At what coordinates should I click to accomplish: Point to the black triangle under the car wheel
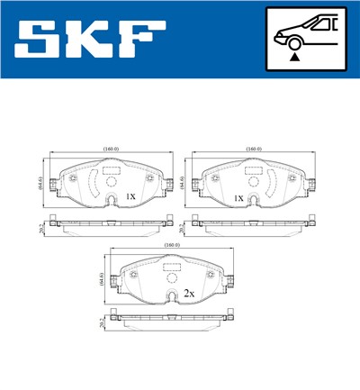click(295, 57)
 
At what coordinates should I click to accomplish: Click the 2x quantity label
click(189, 294)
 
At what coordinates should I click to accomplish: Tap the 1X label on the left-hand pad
click(130, 195)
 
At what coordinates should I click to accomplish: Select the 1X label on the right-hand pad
click(239, 195)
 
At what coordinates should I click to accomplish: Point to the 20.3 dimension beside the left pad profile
click(40, 226)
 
